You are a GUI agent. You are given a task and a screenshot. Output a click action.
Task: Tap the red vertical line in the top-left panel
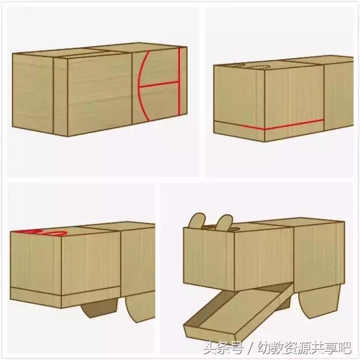pos(179,84)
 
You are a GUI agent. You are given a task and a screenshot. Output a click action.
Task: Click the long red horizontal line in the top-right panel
pos(281,125)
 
